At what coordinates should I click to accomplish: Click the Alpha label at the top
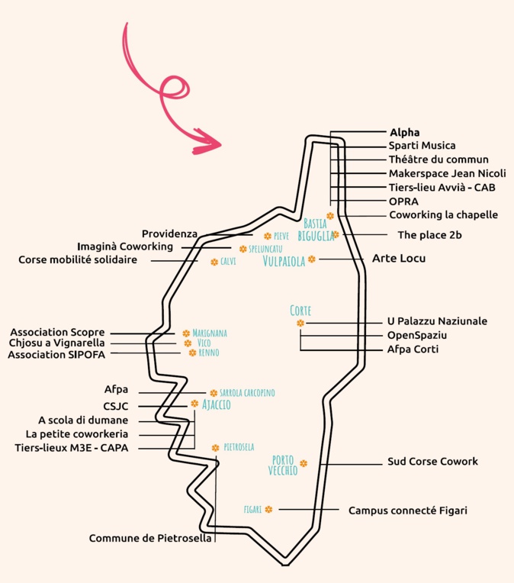point(404,132)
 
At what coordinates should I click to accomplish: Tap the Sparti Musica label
point(422,146)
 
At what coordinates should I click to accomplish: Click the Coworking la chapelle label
point(443,215)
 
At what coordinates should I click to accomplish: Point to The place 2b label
point(429,235)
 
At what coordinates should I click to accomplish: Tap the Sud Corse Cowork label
point(432,462)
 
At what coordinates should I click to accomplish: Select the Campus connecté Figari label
point(407,511)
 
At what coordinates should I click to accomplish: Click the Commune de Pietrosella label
point(150,539)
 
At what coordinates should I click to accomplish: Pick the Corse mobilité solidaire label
point(78,260)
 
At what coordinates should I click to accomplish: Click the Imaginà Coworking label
point(125,246)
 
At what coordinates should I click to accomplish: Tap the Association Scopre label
point(57,333)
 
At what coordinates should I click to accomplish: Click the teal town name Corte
point(300,311)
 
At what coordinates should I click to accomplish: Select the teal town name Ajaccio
point(216,405)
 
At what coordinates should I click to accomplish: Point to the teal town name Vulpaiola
point(284,261)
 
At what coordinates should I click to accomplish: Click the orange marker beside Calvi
point(214,262)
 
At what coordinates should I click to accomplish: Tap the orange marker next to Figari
point(268,509)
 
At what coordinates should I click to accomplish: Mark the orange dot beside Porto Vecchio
point(304,463)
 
